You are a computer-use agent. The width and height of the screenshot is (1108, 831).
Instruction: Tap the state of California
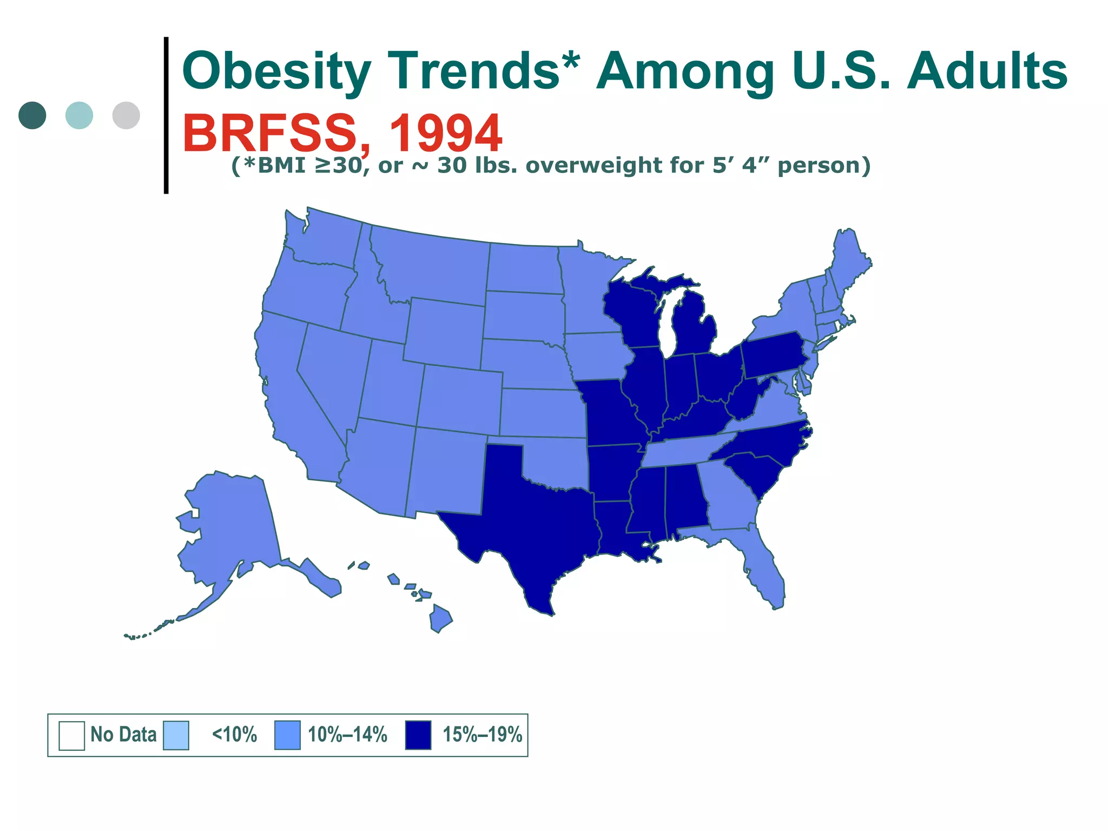(292, 400)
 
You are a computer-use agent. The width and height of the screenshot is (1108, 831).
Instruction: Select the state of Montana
(433, 268)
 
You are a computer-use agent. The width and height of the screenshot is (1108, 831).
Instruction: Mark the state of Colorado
(460, 398)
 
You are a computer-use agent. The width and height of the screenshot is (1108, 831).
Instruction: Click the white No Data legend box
(71, 735)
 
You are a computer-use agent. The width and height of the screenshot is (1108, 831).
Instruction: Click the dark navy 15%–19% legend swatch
(418, 735)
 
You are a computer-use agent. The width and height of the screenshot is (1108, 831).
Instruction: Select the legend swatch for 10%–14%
(287, 735)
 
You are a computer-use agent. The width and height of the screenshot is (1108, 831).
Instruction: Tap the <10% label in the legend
(234, 735)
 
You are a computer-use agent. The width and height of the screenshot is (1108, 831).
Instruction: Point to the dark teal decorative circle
(32, 115)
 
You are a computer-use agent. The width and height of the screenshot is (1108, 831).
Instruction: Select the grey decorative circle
(126, 115)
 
